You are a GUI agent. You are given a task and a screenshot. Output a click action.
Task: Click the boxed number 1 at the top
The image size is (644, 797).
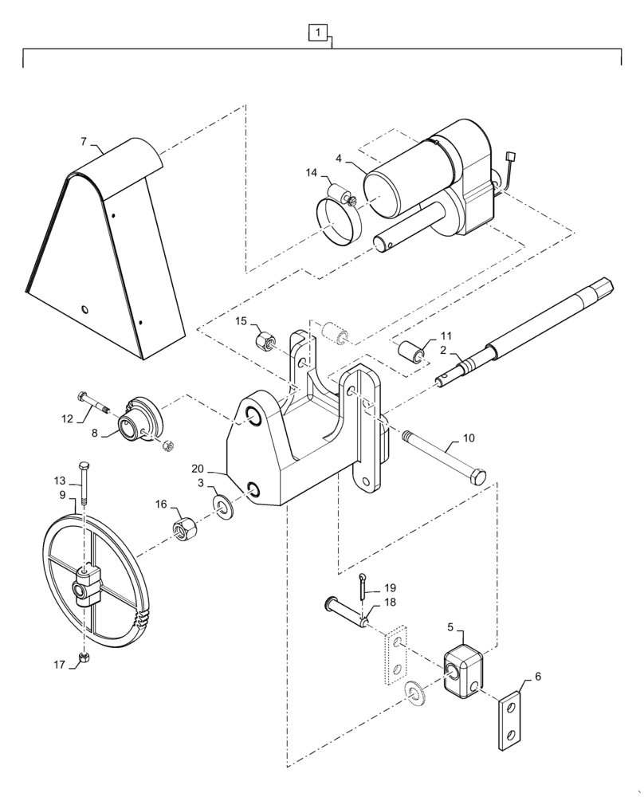point(318,33)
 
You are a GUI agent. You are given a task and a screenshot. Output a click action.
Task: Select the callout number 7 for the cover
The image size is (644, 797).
point(83,142)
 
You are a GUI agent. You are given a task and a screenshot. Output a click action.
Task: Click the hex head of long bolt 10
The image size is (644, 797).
point(477,479)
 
